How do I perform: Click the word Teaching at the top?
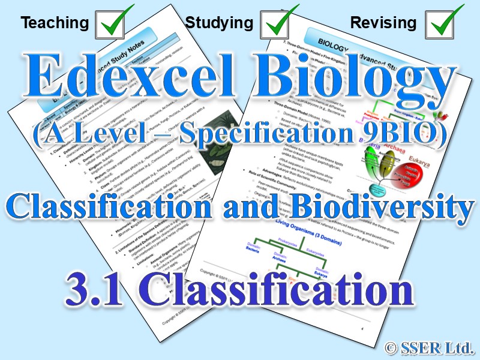tap(54, 23)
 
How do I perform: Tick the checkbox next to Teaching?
tap(112, 23)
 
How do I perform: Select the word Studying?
tap(219, 23)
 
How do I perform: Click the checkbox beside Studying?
tap(278, 23)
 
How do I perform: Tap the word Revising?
tap(383, 23)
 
